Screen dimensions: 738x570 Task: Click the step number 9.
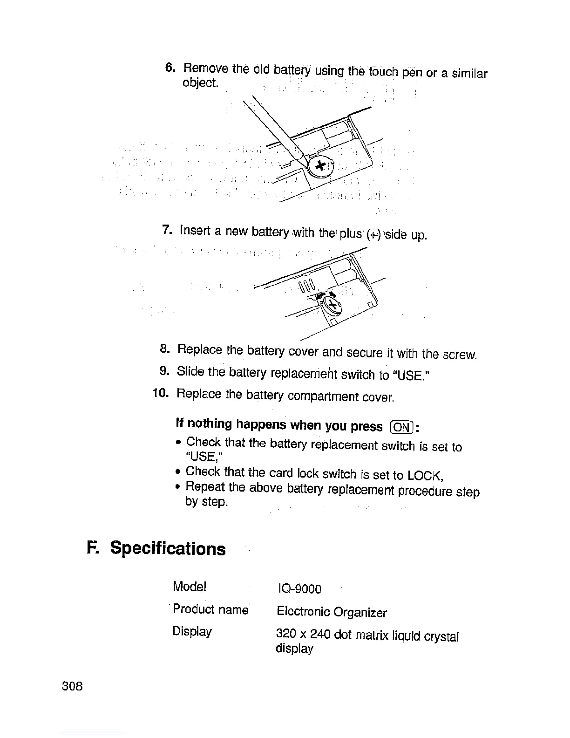(163, 371)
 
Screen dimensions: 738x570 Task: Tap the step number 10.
(160, 393)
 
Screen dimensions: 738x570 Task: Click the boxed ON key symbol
(401, 427)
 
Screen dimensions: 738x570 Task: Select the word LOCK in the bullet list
(425, 476)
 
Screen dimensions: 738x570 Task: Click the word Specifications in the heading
(168, 548)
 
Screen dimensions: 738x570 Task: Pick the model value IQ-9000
(299, 589)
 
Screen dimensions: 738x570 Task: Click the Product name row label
(210, 609)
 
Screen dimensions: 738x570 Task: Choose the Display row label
(192, 631)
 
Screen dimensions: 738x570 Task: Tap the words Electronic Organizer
(332, 612)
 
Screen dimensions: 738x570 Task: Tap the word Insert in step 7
(196, 230)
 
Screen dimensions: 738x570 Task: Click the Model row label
(189, 586)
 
